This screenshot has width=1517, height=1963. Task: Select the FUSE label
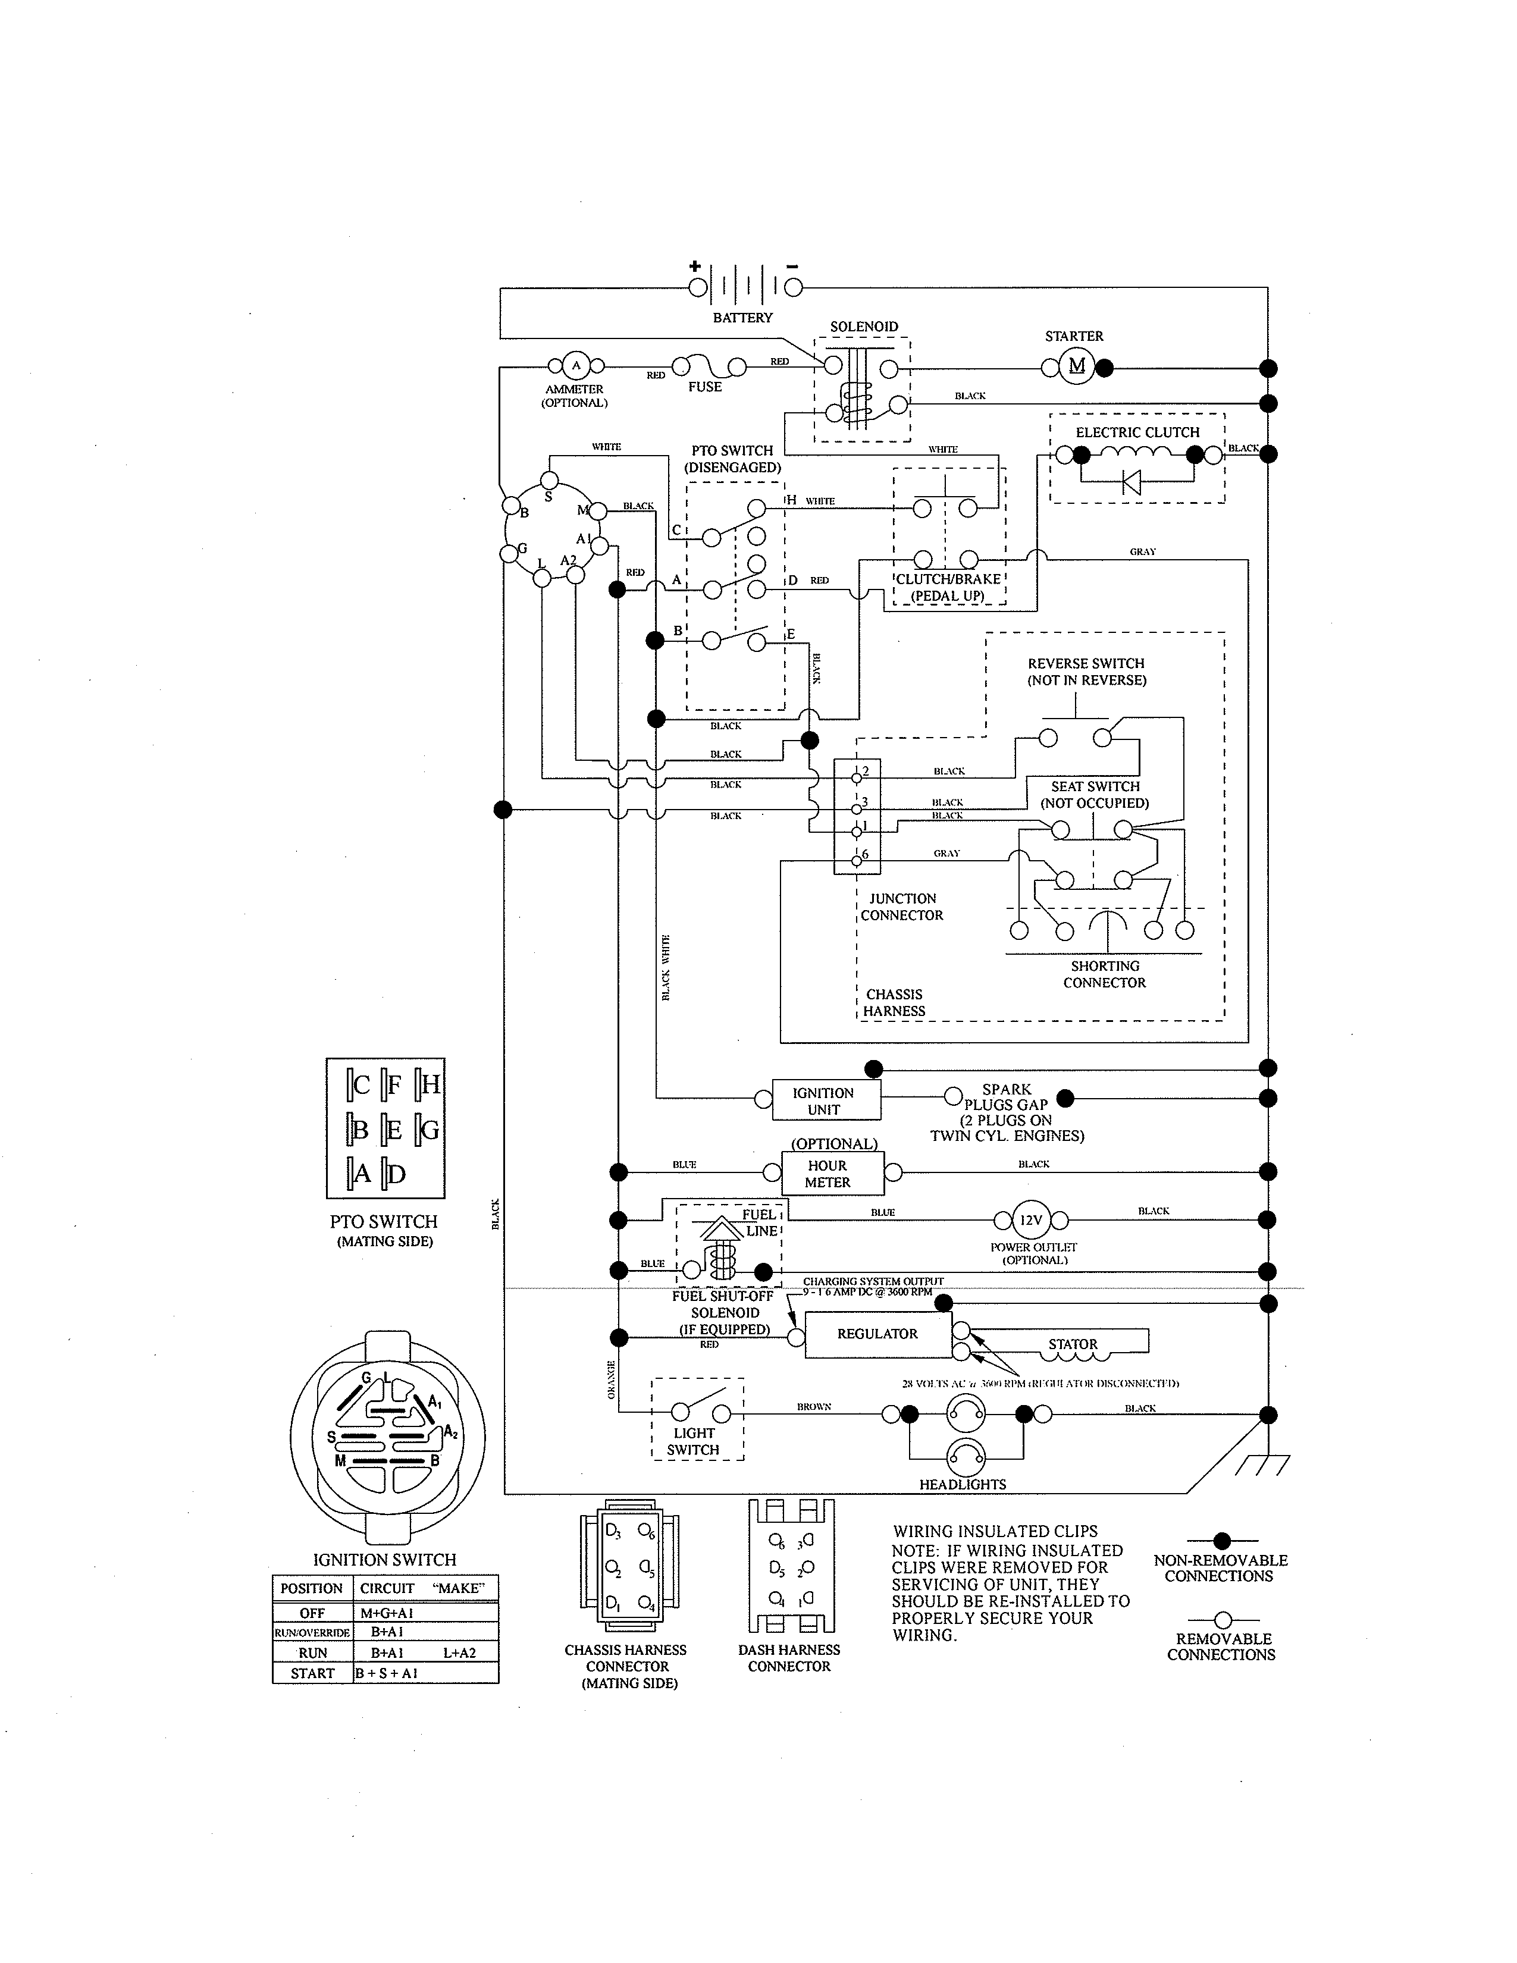click(x=704, y=387)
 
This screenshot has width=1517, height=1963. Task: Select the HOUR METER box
click(x=828, y=1174)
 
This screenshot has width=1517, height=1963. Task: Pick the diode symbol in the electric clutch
click(x=1132, y=482)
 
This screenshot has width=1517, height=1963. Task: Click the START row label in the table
click(x=312, y=1673)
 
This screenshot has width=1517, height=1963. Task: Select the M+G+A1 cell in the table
click(x=387, y=1613)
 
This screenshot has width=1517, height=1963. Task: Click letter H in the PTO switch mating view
click(x=431, y=1085)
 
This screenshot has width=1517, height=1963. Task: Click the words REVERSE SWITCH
click(x=1086, y=663)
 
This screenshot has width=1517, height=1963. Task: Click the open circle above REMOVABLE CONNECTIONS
click(x=1223, y=1620)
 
